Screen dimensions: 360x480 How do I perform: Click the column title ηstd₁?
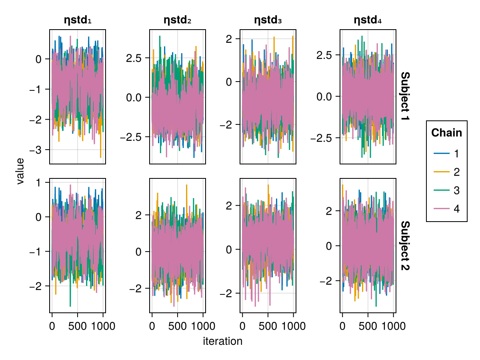tap(78, 20)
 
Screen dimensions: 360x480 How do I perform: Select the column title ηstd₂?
tap(178, 20)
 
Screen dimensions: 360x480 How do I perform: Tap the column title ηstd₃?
tap(268, 20)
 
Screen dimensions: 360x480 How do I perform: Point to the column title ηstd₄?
tap(368, 20)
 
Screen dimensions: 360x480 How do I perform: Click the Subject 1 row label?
tap(405, 97)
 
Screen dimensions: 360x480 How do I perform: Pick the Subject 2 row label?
tap(405, 246)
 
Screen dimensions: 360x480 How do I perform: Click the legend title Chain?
tap(446, 133)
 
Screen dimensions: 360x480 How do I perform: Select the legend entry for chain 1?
tap(446, 154)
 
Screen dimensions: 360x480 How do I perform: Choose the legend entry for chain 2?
tap(446, 172)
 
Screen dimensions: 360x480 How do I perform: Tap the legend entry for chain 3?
tap(446, 190)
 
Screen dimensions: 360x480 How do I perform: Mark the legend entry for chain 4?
tap(446, 209)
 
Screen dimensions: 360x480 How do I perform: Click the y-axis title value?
tap(20, 171)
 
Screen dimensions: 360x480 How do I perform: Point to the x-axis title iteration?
tap(223, 342)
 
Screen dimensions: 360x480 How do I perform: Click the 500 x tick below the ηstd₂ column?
tap(178, 326)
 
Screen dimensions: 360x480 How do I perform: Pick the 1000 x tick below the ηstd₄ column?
tap(393, 326)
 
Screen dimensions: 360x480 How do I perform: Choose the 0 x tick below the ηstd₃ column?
tap(242, 326)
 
